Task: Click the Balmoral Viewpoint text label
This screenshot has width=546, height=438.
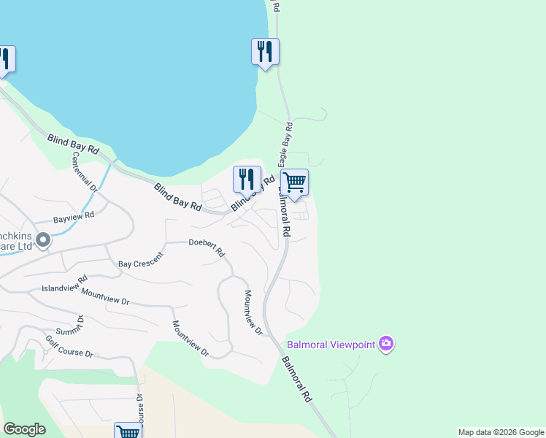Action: click(331, 344)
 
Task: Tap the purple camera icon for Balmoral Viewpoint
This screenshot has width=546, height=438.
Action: click(386, 344)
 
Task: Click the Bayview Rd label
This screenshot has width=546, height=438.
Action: click(74, 217)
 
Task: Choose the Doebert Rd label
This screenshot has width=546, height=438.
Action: click(207, 247)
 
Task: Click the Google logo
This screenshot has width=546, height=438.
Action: click(24, 429)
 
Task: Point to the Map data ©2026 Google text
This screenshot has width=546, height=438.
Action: click(500, 432)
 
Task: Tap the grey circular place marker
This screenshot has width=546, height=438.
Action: click(42, 239)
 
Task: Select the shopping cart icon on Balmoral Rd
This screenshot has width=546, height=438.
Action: click(294, 182)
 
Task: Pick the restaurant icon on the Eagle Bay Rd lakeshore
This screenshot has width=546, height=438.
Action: click(265, 51)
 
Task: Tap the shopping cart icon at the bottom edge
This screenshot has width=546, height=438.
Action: click(128, 431)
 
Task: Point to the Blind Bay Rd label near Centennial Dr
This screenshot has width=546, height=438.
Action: click(73, 142)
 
